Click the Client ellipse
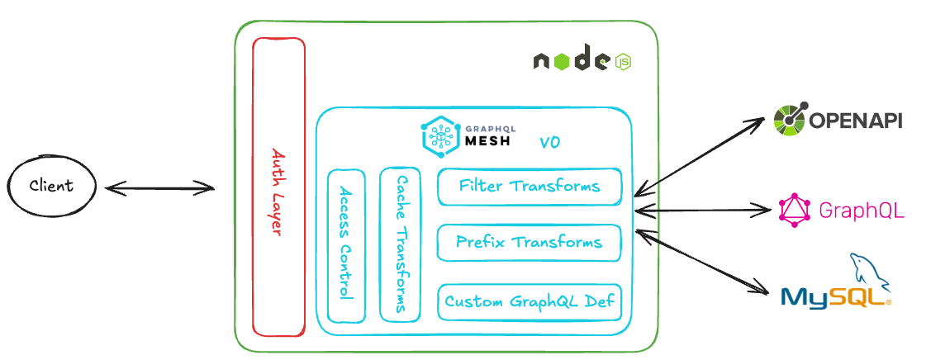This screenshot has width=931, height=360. (51, 185)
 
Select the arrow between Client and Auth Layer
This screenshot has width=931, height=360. (159, 189)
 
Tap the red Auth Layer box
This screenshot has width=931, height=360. (278, 187)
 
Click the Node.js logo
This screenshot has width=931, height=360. (582, 61)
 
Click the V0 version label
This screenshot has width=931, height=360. (550, 143)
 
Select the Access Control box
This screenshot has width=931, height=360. (346, 245)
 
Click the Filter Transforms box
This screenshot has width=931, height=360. (529, 187)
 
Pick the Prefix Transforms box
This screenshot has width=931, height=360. (529, 243)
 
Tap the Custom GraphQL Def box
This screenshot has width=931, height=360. (529, 301)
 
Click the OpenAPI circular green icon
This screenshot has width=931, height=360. (790, 120)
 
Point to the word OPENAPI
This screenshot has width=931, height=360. (854, 121)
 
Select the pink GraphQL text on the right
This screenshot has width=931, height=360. (861, 211)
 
